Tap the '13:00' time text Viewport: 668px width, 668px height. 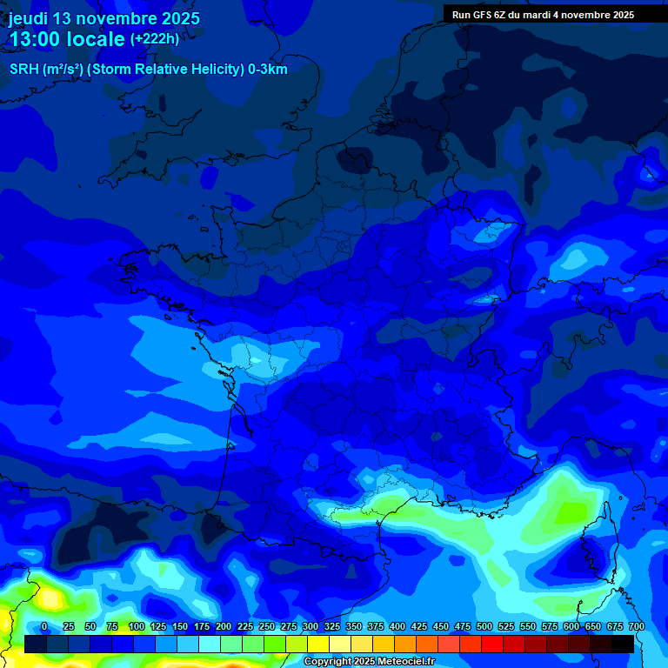click(34, 39)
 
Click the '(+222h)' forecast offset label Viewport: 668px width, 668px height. click(155, 39)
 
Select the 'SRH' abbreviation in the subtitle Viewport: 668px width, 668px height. click(23, 70)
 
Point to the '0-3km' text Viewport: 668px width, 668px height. click(268, 70)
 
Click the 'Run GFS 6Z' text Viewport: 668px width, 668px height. click(479, 15)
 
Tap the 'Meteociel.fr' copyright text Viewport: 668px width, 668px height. click(405, 662)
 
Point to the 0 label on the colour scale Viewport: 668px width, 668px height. click(44, 626)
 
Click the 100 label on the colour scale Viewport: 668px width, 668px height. click(137, 626)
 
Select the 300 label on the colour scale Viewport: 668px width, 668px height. click(311, 626)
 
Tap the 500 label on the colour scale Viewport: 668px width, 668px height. click(484, 626)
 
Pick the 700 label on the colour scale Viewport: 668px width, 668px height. click(636, 626)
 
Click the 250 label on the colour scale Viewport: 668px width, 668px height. click(267, 626)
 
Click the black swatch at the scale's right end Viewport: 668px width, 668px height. click(623, 644)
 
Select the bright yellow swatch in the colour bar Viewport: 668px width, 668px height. click(318, 644)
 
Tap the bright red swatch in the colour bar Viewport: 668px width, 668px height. click(492, 644)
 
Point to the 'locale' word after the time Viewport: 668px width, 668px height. click(97, 39)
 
